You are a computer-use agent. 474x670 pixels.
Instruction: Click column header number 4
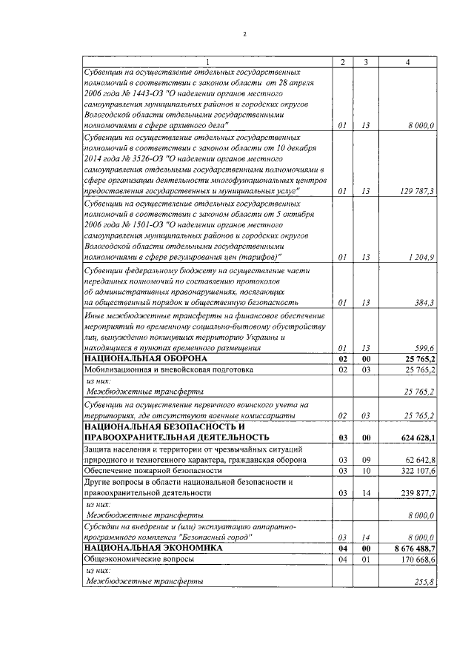tap(408, 61)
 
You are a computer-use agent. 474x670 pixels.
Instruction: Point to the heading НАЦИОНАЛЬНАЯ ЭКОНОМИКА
tap(142, 548)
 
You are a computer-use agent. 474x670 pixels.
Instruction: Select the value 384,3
tap(422, 303)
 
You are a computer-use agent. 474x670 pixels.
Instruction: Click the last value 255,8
tap(422, 583)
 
